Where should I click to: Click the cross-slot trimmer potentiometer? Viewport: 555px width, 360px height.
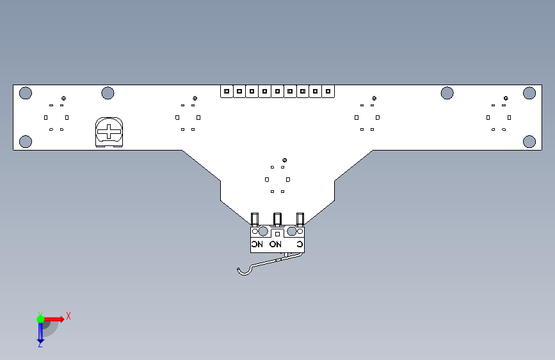[x=109, y=132]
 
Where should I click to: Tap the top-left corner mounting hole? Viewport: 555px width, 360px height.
[x=26, y=93]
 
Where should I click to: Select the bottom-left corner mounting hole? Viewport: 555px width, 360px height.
[x=26, y=142]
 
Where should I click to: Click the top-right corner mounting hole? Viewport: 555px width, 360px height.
[x=529, y=93]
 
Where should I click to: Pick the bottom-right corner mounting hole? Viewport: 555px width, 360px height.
[x=529, y=142]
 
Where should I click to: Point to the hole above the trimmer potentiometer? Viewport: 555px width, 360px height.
[x=108, y=93]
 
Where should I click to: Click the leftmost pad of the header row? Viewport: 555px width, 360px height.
[x=227, y=92]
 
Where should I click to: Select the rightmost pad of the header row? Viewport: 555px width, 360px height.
[x=328, y=92]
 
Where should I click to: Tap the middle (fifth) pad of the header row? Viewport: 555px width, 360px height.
[x=278, y=92]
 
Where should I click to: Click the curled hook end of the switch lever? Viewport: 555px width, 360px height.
[x=243, y=272]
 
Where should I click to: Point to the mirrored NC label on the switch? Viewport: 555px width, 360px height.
[x=257, y=244]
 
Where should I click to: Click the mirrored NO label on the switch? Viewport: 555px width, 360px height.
[x=275, y=244]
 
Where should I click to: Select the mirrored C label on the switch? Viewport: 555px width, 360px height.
[x=300, y=244]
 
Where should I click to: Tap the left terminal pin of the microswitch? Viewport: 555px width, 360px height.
[x=255, y=219]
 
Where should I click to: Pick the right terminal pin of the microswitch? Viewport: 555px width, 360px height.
[x=300, y=219]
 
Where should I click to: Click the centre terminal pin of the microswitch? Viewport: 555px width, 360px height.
[x=277, y=219]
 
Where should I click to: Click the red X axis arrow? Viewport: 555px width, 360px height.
[x=54, y=319]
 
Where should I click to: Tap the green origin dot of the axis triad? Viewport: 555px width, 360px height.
[x=40, y=319]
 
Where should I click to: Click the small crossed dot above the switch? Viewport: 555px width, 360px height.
[x=285, y=160]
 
